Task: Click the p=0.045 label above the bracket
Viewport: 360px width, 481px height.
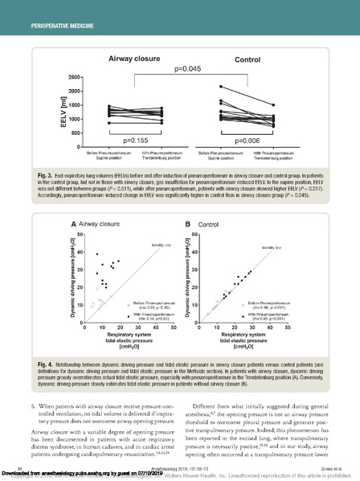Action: click(186, 68)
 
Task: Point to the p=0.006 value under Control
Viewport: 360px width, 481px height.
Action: click(255, 140)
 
